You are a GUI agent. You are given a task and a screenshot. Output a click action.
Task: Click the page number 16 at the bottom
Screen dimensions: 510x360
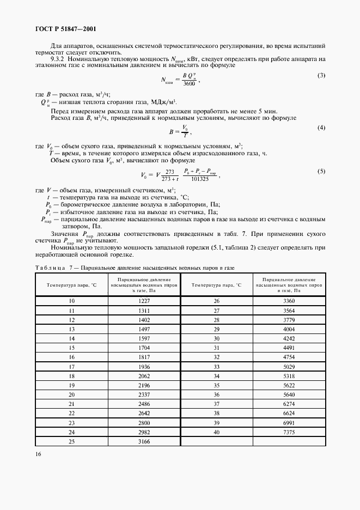(39, 453)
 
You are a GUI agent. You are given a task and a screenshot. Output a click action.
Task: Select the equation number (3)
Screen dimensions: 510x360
(321, 75)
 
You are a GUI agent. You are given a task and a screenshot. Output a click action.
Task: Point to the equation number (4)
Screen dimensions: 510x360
(321, 127)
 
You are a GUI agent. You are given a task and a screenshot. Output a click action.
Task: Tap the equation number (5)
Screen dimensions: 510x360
(321, 171)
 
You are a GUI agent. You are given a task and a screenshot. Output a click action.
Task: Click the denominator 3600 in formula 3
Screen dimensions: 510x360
(188, 83)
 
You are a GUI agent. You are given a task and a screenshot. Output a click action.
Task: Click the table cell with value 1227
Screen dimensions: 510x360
(143, 301)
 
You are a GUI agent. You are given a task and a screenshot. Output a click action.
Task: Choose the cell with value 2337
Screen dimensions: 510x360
(143, 394)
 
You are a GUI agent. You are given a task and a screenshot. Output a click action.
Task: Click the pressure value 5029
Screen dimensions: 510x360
(289, 366)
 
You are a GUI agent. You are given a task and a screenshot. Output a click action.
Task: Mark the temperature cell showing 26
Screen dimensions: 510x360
(216, 301)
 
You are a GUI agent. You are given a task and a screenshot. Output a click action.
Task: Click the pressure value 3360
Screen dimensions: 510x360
(289, 301)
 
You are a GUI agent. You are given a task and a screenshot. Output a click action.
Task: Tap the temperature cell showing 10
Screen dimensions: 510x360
(71, 301)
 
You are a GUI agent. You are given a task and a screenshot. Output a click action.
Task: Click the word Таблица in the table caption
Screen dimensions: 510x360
(50, 268)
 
